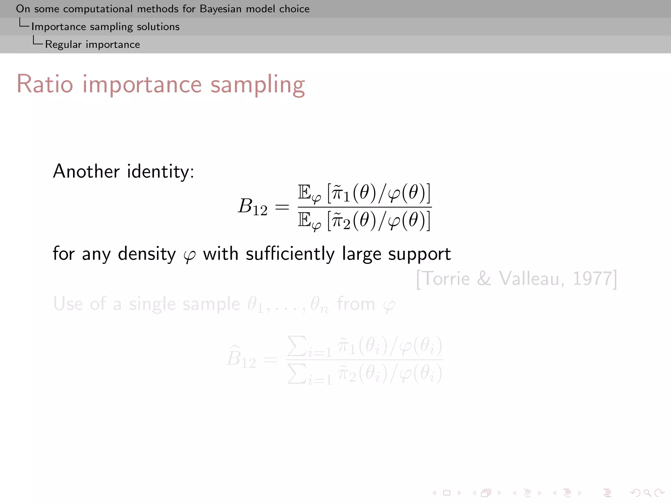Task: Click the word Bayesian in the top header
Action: click(221, 9)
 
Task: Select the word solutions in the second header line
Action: click(158, 27)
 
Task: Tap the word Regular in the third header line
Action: click(63, 45)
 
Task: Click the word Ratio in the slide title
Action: click(45, 84)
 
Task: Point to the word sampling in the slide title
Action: click(258, 85)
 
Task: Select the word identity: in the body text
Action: click(161, 172)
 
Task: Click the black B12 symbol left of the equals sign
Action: click(252, 207)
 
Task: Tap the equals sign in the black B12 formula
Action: click(282, 207)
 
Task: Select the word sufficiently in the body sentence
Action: click(290, 254)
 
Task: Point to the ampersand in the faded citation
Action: click(484, 279)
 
